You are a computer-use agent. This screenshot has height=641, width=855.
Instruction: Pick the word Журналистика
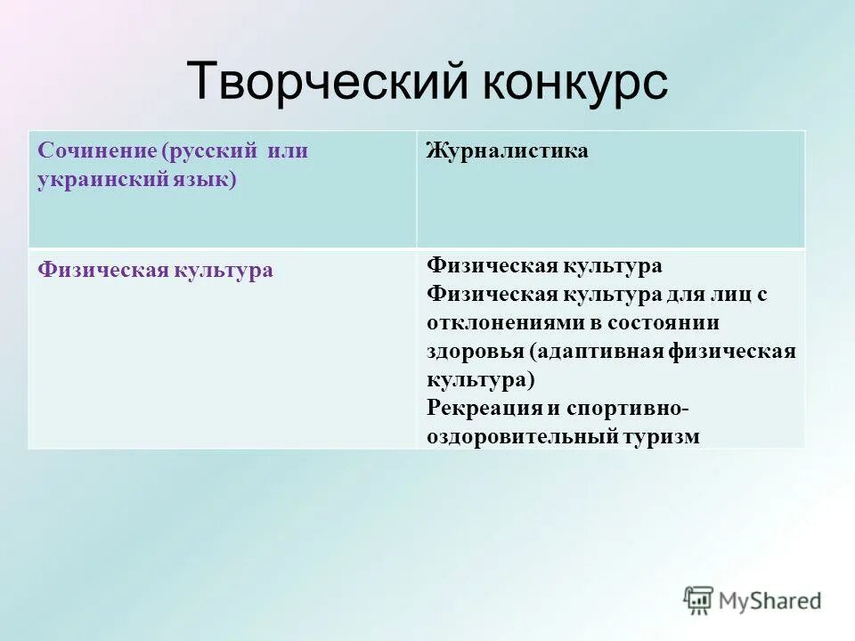click(507, 151)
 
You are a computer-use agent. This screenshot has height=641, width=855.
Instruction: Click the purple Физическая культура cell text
click(155, 270)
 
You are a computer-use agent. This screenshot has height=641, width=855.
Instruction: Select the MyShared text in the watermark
click(770, 601)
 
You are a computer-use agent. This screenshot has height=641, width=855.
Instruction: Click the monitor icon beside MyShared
click(699, 600)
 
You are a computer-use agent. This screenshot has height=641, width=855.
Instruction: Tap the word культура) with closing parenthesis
click(481, 379)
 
